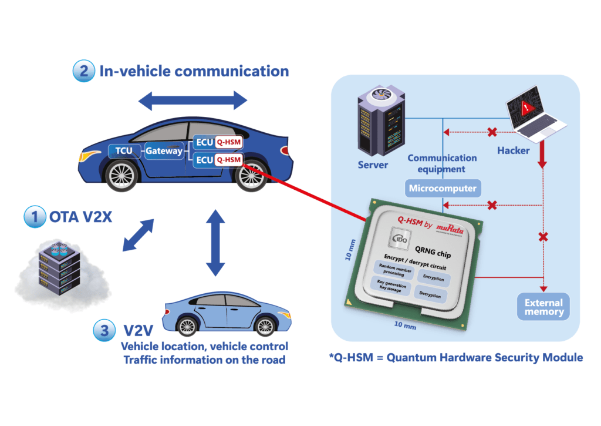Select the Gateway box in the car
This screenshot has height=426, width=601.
pos(165,151)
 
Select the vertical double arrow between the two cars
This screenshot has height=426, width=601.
pos(215,240)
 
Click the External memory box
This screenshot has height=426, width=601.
pos(543,307)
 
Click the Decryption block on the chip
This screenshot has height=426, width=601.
pos(430,295)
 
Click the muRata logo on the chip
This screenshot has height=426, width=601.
pos(448,230)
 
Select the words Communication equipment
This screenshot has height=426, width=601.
pos(442,163)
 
